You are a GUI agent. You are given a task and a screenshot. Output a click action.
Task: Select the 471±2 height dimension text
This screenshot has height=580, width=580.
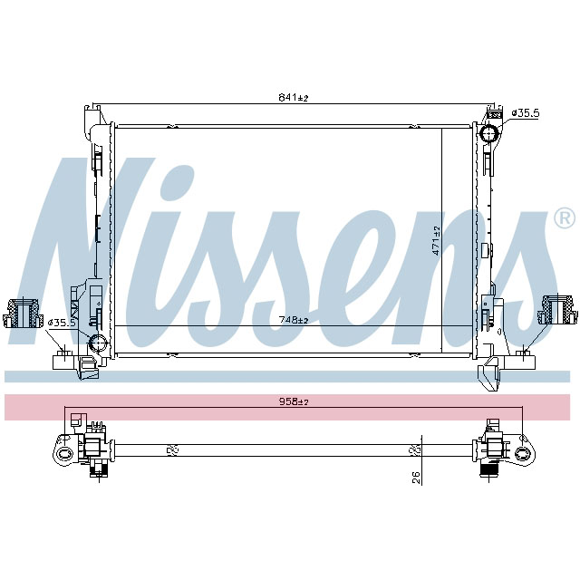(436, 240)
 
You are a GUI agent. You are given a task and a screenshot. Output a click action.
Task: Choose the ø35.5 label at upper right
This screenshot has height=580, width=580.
(526, 112)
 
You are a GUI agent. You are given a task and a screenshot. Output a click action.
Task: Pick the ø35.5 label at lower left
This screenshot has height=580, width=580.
(63, 322)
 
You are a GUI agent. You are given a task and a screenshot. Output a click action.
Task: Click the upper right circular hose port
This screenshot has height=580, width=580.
(490, 136)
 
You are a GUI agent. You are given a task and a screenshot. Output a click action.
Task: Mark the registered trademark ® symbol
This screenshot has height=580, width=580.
(563, 218)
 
